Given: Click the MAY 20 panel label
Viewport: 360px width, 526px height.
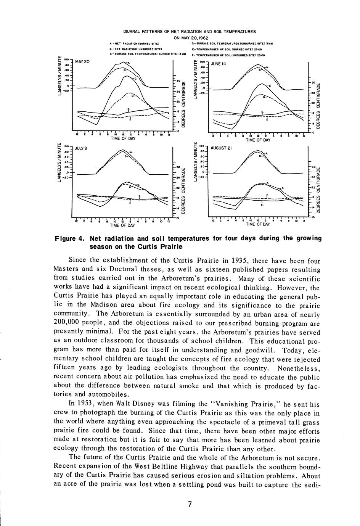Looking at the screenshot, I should pyautogui.click(x=82, y=61).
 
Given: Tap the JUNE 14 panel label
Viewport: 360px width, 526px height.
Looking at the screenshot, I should pyautogui.click(x=219, y=64).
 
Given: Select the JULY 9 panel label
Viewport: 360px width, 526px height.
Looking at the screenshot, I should pyautogui.click(x=81, y=148).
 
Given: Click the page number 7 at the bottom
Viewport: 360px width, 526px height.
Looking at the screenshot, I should pyautogui.click(x=190, y=504).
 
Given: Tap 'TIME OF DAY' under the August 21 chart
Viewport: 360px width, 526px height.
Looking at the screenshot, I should pyautogui.click(x=258, y=224).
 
